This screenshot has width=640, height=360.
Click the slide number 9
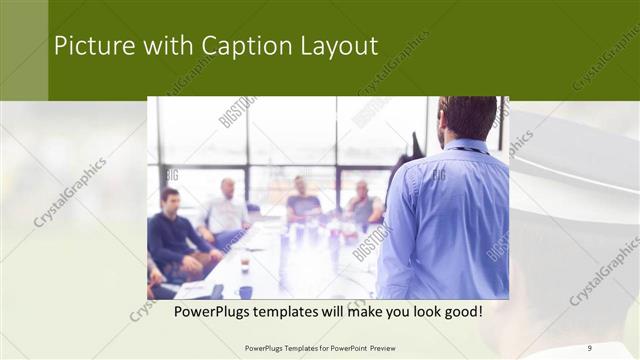590,347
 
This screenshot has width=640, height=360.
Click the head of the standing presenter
467,117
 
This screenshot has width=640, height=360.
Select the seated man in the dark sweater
172,228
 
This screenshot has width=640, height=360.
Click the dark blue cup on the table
245,292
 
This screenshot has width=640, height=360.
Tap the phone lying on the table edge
217,290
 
